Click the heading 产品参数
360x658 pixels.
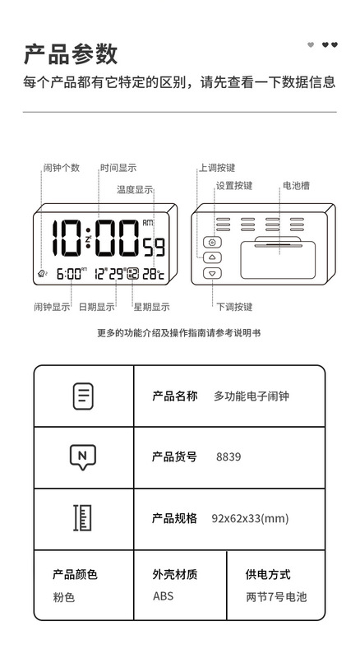(x=70, y=53)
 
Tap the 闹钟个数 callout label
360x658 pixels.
(x=62, y=168)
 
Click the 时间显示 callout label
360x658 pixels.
(x=118, y=168)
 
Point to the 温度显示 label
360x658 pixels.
(x=135, y=190)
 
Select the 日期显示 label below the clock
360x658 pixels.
(x=96, y=307)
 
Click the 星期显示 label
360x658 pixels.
(x=151, y=307)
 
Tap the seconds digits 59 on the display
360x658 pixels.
(x=154, y=248)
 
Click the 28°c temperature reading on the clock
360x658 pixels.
(x=153, y=274)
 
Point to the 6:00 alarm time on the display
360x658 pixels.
(x=69, y=274)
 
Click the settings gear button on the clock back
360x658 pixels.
(x=212, y=243)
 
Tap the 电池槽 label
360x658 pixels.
(x=296, y=186)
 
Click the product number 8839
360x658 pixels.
(x=228, y=456)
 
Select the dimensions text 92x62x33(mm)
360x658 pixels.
(x=250, y=518)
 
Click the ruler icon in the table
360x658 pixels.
(x=83, y=518)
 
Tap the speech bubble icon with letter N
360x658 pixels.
(x=83, y=456)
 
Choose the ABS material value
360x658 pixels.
(x=164, y=595)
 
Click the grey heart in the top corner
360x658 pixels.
(x=311, y=45)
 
